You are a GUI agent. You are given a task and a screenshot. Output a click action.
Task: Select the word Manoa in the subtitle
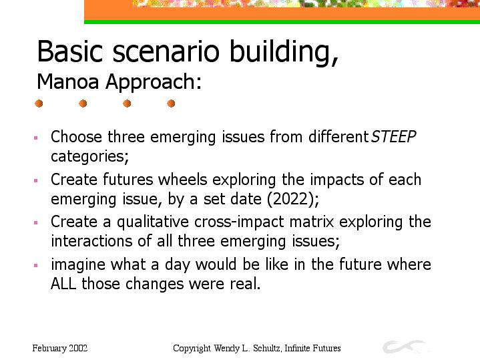(x=67, y=81)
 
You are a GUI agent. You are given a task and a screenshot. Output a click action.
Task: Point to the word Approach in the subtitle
(x=154, y=82)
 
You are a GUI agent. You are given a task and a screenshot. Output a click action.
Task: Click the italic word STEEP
(x=393, y=137)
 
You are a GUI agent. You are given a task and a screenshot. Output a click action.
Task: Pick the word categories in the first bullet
(x=89, y=156)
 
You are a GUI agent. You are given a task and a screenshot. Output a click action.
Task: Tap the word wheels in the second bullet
(x=183, y=179)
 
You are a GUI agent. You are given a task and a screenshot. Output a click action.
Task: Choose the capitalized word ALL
(x=63, y=284)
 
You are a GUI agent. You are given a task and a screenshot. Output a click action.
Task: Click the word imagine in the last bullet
(x=78, y=264)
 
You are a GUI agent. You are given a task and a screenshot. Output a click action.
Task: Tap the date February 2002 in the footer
(x=60, y=349)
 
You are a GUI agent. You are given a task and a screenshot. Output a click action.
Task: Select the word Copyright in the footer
(x=192, y=349)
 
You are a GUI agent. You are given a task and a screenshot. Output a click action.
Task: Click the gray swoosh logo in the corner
(x=404, y=347)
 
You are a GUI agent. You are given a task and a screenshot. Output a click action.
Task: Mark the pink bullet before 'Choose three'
(x=36, y=138)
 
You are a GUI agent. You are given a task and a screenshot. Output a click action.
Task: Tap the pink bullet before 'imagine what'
(x=36, y=265)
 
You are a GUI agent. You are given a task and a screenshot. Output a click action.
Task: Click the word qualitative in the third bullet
(x=153, y=222)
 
